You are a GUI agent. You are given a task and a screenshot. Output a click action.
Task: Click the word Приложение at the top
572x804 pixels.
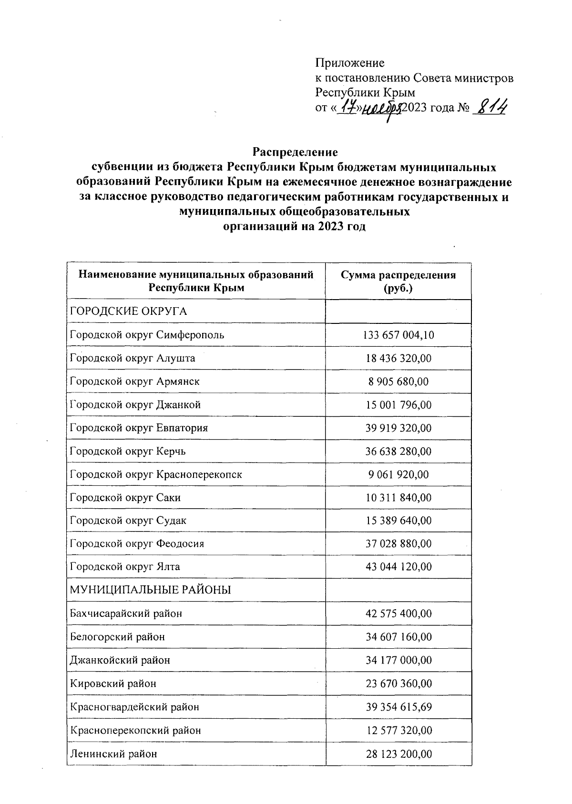pyautogui.click(x=349, y=63)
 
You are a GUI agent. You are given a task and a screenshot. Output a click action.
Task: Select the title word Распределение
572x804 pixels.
pyautogui.click(x=295, y=152)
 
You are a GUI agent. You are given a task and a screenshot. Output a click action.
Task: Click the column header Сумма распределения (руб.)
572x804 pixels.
pyautogui.click(x=398, y=281)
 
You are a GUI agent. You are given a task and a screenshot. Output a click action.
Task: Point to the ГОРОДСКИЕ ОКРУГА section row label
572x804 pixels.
pyautogui.click(x=128, y=312)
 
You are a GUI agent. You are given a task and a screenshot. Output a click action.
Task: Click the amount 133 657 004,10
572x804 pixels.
pyautogui.click(x=398, y=335)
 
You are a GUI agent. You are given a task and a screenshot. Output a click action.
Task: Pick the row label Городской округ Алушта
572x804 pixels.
pyautogui.click(x=132, y=358)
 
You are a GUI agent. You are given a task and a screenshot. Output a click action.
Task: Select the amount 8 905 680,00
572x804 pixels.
pyautogui.click(x=398, y=382)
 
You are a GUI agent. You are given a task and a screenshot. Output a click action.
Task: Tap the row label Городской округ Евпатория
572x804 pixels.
pyautogui.click(x=139, y=428)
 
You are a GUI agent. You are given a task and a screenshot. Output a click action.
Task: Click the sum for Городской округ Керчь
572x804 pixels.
pyautogui.click(x=398, y=451)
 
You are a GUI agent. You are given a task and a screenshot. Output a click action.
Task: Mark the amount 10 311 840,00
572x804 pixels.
pyautogui.click(x=398, y=498)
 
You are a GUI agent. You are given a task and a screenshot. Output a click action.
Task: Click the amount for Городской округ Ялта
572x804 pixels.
pyautogui.click(x=398, y=567)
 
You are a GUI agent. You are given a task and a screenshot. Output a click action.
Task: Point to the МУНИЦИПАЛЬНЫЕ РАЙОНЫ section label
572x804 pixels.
pyautogui.click(x=150, y=590)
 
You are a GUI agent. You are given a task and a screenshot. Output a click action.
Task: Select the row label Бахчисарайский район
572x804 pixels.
pyautogui.click(x=126, y=613)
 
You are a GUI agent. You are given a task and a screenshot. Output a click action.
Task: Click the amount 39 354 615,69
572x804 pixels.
pyautogui.click(x=398, y=707)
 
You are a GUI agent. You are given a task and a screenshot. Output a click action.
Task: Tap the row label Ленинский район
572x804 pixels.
pyautogui.click(x=113, y=754)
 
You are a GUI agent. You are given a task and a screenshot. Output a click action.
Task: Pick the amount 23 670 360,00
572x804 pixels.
pyautogui.click(x=398, y=683)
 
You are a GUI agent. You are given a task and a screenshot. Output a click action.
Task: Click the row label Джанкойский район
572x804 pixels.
pyautogui.click(x=120, y=660)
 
